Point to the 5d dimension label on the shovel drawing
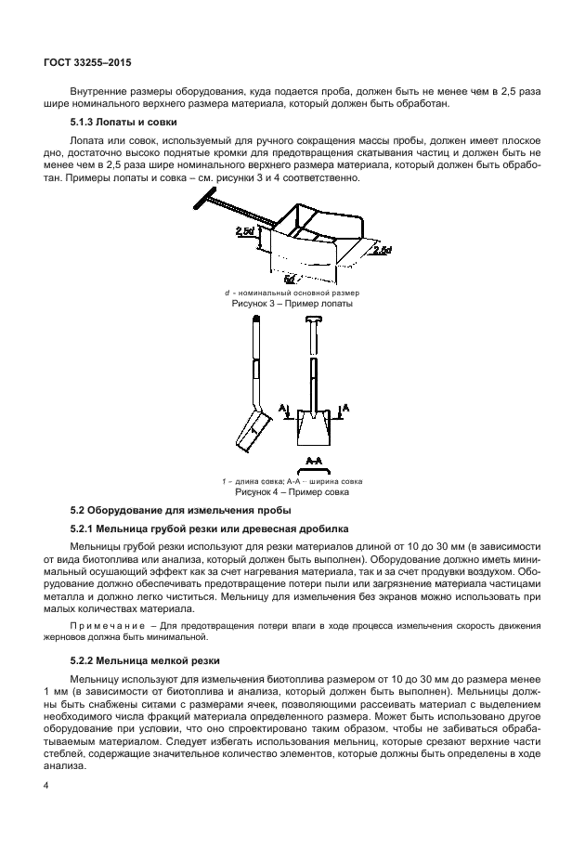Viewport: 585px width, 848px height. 290,277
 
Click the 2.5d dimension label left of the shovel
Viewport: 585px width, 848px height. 245,230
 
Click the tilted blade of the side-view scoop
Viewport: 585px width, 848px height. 252,429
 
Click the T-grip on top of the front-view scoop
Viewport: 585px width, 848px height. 312,322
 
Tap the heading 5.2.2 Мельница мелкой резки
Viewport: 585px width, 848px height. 146,661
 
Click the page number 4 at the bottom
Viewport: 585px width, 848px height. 45,786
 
